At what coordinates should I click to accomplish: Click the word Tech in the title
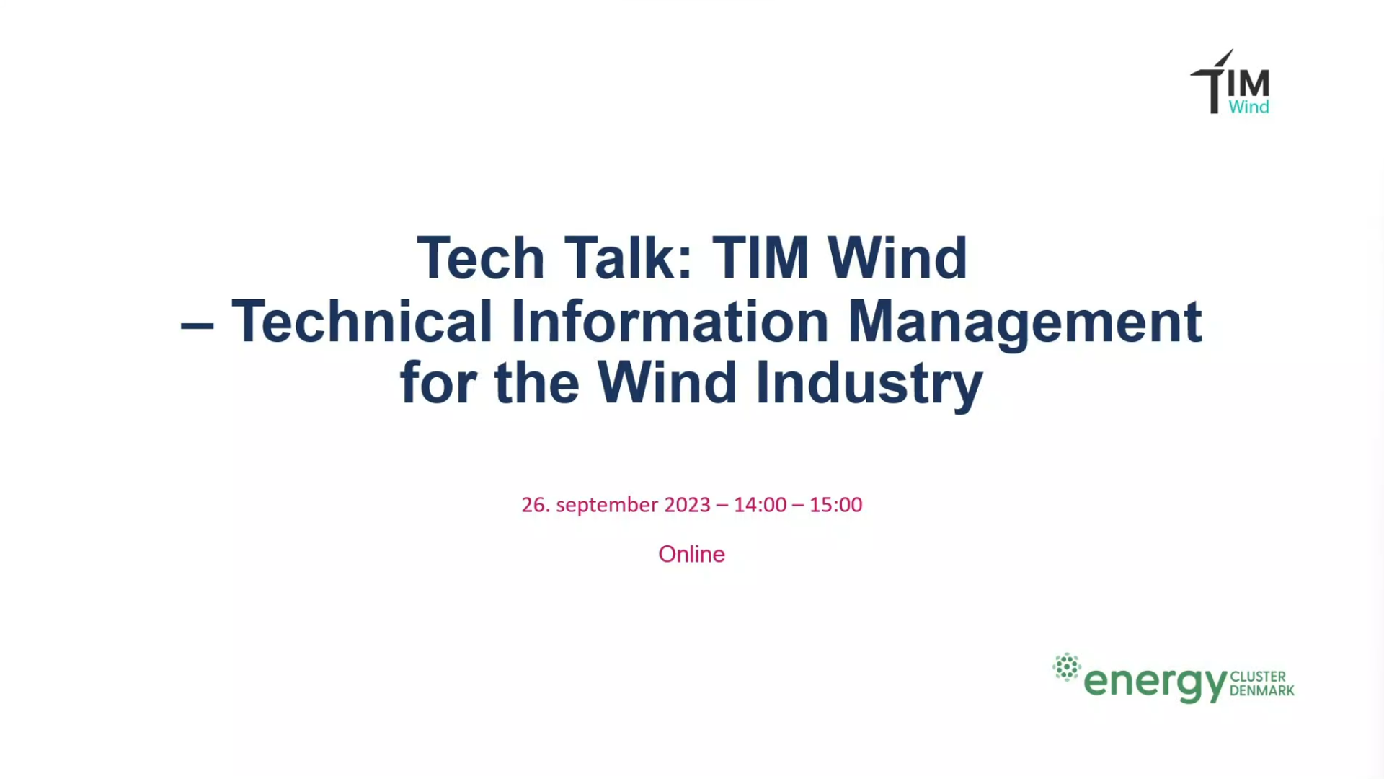point(481,258)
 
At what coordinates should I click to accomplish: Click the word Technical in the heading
point(362,321)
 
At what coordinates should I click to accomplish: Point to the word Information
point(670,321)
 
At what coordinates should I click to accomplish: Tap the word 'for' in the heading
point(438,382)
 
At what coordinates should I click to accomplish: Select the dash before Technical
point(197,325)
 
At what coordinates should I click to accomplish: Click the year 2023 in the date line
point(687,505)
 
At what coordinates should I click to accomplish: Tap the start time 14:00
point(760,505)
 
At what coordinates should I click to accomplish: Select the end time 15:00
point(835,505)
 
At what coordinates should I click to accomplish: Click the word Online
point(691,554)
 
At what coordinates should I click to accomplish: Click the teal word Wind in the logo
point(1248,107)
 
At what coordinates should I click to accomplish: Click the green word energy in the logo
point(1155,682)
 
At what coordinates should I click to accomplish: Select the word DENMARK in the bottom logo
point(1261,691)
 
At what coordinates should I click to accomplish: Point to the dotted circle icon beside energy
point(1067,667)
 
